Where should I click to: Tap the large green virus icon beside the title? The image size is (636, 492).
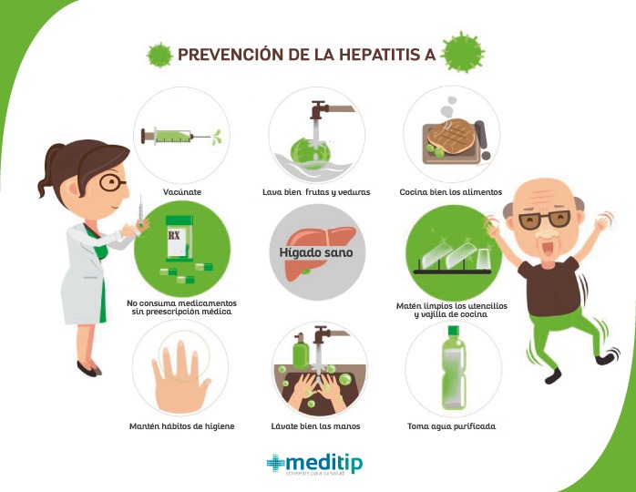[463, 52]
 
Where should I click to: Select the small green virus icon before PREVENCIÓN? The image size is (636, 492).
[159, 55]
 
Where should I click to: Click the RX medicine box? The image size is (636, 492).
[180, 239]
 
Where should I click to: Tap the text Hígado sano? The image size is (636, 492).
[316, 252]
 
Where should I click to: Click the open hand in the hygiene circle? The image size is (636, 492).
[180, 378]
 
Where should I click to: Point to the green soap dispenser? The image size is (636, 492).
[301, 352]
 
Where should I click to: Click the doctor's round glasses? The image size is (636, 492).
[112, 182]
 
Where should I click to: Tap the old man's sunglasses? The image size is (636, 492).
[544, 220]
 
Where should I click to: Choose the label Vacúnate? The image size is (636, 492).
[182, 192]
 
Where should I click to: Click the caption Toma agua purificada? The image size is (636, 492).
[451, 426]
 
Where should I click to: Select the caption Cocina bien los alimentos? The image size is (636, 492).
[451, 192]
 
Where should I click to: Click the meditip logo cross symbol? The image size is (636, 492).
[275, 463]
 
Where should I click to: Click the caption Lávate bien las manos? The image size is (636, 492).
[315, 426]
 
